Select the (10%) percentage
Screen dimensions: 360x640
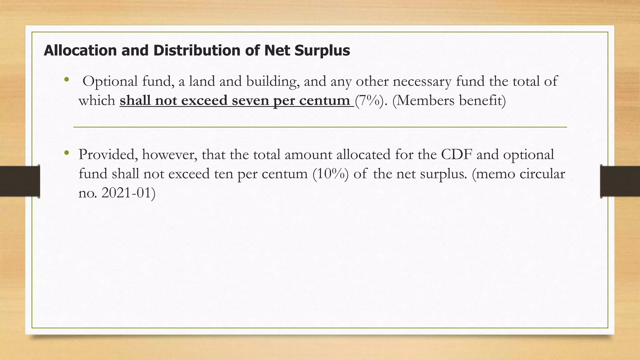coord(330,174)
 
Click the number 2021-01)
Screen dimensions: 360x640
coord(128,193)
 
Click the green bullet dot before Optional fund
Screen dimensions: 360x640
coord(66,80)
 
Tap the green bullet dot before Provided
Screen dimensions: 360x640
coord(66,153)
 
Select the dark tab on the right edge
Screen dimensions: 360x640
coord(620,181)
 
